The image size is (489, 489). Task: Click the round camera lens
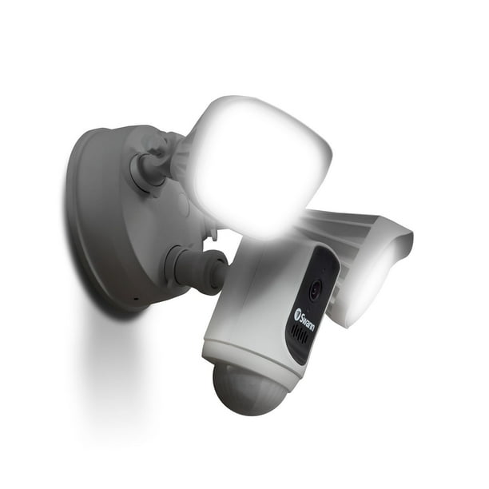(314, 291)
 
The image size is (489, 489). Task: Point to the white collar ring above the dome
(240, 356)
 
